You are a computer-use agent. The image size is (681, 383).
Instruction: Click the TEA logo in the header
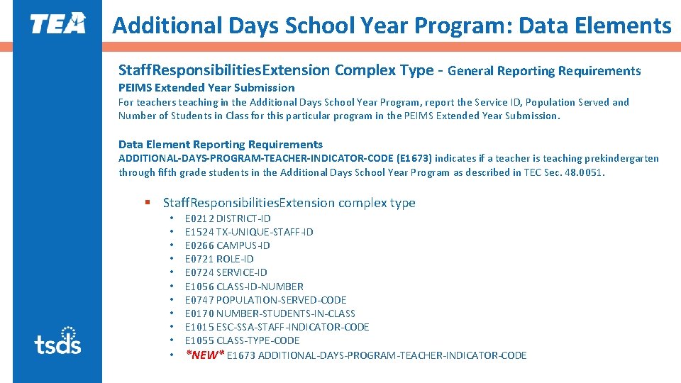coord(57,23)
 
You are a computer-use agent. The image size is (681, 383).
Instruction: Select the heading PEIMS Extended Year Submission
coord(206,88)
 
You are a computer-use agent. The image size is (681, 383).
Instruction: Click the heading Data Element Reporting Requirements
coord(220,145)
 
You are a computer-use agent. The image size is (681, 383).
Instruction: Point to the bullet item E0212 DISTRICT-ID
coord(227,218)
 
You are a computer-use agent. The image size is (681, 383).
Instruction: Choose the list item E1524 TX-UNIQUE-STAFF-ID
coord(248,232)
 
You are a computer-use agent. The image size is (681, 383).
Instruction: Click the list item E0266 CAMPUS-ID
coord(227,245)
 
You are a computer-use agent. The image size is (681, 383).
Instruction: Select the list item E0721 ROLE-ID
coord(218,259)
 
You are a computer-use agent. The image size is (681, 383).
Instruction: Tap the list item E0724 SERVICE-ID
coord(226,272)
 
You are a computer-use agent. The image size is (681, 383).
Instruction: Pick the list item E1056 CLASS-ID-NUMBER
coord(243,287)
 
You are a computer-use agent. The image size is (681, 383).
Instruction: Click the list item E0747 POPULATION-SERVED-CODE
coord(265,300)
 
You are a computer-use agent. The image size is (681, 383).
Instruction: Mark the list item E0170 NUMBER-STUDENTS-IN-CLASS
coord(270,313)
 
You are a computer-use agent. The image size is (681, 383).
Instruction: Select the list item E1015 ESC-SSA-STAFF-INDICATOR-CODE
coord(277,327)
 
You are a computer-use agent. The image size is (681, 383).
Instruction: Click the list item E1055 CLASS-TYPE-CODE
coord(242,340)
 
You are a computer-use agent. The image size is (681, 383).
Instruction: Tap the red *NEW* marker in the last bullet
coord(204,355)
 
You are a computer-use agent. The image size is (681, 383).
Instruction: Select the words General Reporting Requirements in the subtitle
coord(544,71)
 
